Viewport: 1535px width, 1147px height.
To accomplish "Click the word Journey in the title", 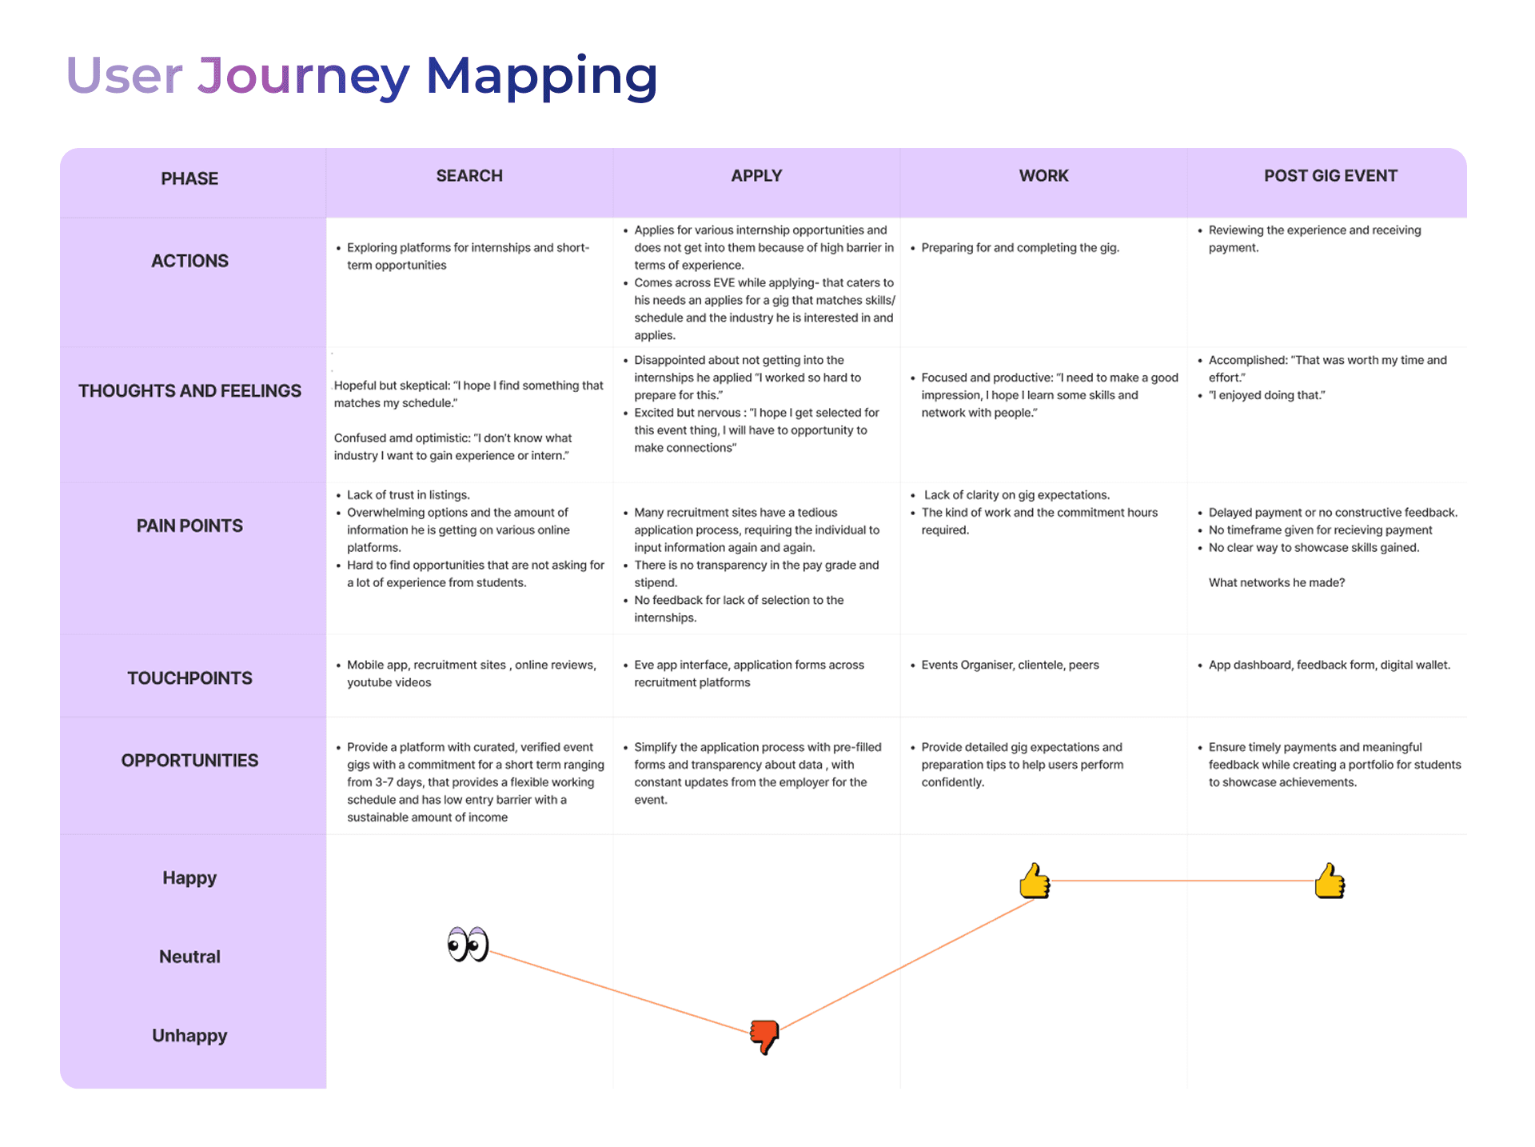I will pyautogui.click(x=304, y=77).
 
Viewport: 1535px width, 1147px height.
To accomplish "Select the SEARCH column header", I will pyautogui.click(x=469, y=176).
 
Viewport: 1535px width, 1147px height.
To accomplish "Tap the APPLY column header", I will pyautogui.click(x=756, y=176).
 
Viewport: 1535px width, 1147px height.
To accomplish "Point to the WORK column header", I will pyautogui.click(x=1043, y=176).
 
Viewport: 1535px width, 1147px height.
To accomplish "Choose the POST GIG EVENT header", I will pyautogui.click(x=1330, y=176).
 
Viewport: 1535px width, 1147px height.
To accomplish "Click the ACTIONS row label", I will pyautogui.click(x=189, y=261).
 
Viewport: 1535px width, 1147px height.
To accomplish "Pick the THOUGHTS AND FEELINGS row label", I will pyautogui.click(x=189, y=391).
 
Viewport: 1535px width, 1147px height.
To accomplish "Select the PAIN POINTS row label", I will pyautogui.click(x=189, y=526).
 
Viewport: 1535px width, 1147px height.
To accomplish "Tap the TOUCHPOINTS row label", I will pyautogui.click(x=189, y=678).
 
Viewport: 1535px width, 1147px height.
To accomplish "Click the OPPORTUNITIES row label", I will pyautogui.click(x=189, y=761).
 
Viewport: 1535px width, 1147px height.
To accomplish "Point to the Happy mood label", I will pyautogui.click(x=189, y=877).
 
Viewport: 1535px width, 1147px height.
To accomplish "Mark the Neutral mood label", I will pyautogui.click(x=189, y=957).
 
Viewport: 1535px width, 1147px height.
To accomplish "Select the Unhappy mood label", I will pyautogui.click(x=189, y=1036).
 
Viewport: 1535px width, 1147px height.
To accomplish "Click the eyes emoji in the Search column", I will pyautogui.click(x=468, y=945).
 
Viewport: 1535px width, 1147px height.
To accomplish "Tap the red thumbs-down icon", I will pyautogui.click(x=764, y=1037).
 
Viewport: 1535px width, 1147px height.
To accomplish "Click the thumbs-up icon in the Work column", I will pyautogui.click(x=1035, y=881).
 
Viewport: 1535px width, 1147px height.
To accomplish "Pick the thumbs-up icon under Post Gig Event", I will pyautogui.click(x=1330, y=881).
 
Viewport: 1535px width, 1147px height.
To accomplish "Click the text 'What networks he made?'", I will pyautogui.click(x=1276, y=583).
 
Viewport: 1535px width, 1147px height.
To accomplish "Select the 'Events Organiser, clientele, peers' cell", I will pyautogui.click(x=1010, y=665).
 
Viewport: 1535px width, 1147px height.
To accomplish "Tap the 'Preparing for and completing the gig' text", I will pyautogui.click(x=1019, y=248).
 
